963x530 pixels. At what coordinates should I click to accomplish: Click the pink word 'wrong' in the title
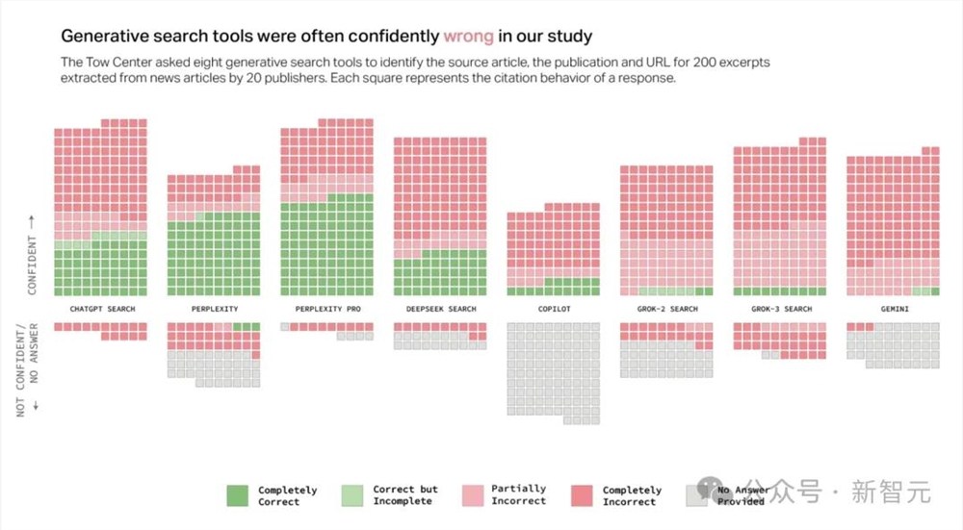tap(468, 37)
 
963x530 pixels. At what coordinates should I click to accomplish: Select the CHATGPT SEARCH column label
tap(102, 309)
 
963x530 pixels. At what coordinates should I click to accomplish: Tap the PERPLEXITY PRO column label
tap(326, 309)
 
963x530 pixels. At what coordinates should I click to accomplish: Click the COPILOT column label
tap(554, 309)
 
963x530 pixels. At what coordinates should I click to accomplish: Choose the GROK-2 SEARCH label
tap(666, 309)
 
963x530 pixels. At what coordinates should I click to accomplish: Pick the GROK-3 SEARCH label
tap(779, 309)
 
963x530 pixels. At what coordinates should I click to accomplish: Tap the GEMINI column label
tap(893, 309)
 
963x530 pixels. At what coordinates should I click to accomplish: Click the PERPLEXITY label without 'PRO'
tap(214, 309)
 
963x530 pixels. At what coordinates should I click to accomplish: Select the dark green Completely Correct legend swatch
tap(238, 495)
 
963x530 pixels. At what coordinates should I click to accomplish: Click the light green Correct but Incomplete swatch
tap(352, 495)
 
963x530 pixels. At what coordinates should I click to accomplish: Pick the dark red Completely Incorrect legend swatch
tap(583, 495)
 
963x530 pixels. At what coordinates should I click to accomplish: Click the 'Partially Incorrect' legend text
tap(518, 494)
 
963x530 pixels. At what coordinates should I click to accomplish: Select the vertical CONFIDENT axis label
tap(32, 255)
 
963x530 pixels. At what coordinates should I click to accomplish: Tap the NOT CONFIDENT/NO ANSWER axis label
tap(27, 367)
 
